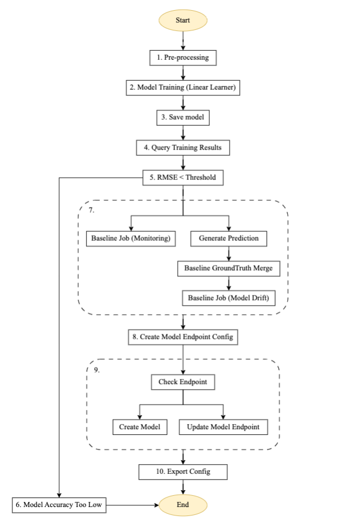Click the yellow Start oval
pyautogui.click(x=183, y=20)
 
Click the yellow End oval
pyautogui.click(x=183, y=505)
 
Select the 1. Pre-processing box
pyautogui.click(x=183, y=58)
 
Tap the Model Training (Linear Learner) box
pyautogui.click(x=183, y=87)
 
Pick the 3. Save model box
pyautogui.click(x=183, y=117)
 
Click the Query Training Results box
pyautogui.click(x=183, y=148)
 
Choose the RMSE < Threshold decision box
pyautogui.click(x=183, y=178)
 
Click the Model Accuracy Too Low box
pyautogui.click(x=59, y=505)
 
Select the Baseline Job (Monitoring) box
pyautogui.click(x=130, y=238)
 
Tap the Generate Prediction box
pyautogui.click(x=229, y=238)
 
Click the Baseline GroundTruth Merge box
pyautogui.click(x=229, y=268)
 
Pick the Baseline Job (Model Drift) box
pyautogui.click(x=229, y=298)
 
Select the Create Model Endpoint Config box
pyautogui.click(x=183, y=337)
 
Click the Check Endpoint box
pyautogui.click(x=183, y=382)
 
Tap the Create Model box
pyautogui.click(x=139, y=427)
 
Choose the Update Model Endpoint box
pyautogui.click(x=223, y=427)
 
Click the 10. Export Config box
pyautogui.click(x=183, y=471)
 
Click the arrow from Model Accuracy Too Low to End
pyautogui.click(x=133, y=505)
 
